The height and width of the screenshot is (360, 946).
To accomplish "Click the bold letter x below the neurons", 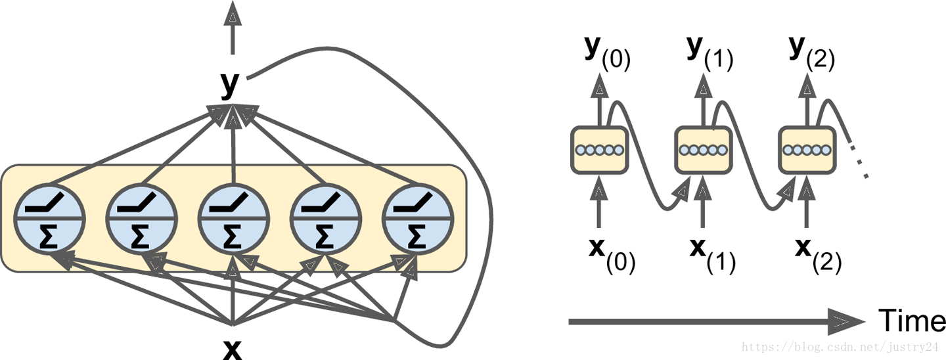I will pos(232,349).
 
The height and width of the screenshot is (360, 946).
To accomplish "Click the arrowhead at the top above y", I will pos(231,13).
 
